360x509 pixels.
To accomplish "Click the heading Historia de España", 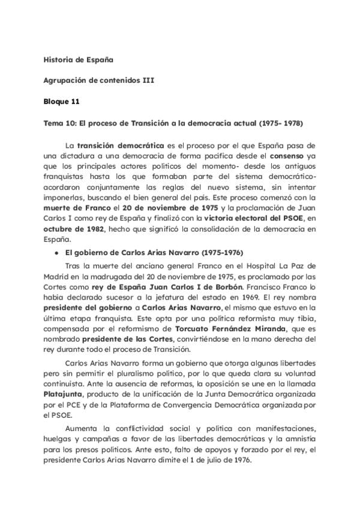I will pyautogui.click(x=79, y=60).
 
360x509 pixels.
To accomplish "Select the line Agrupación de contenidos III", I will pyautogui.click(x=99, y=81).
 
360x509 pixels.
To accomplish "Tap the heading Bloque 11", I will pyautogui.click(x=62, y=102).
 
